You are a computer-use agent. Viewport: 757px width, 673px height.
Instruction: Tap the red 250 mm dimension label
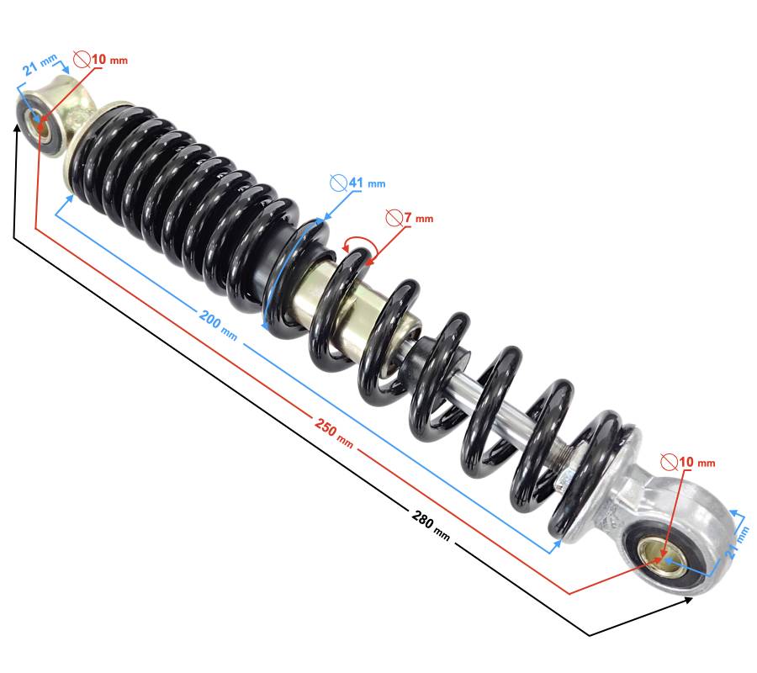pyautogui.click(x=334, y=432)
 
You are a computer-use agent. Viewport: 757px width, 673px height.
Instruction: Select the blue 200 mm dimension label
pyautogui.click(x=218, y=326)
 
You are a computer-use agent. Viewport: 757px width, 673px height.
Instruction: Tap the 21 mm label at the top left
pyautogui.click(x=40, y=65)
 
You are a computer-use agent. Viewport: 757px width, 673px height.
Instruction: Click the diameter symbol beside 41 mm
pyautogui.click(x=339, y=183)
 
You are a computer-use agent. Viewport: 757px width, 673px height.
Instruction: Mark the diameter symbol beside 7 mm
pyautogui.click(x=394, y=218)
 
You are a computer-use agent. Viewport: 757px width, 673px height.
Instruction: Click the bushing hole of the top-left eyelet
pyautogui.click(x=39, y=124)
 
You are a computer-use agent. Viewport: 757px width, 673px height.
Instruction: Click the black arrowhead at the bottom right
pyautogui.click(x=686, y=600)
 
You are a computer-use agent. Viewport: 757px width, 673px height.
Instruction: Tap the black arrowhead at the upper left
pyautogui.click(x=18, y=129)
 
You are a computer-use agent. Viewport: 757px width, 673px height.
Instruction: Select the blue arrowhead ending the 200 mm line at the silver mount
pyautogui.click(x=557, y=545)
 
